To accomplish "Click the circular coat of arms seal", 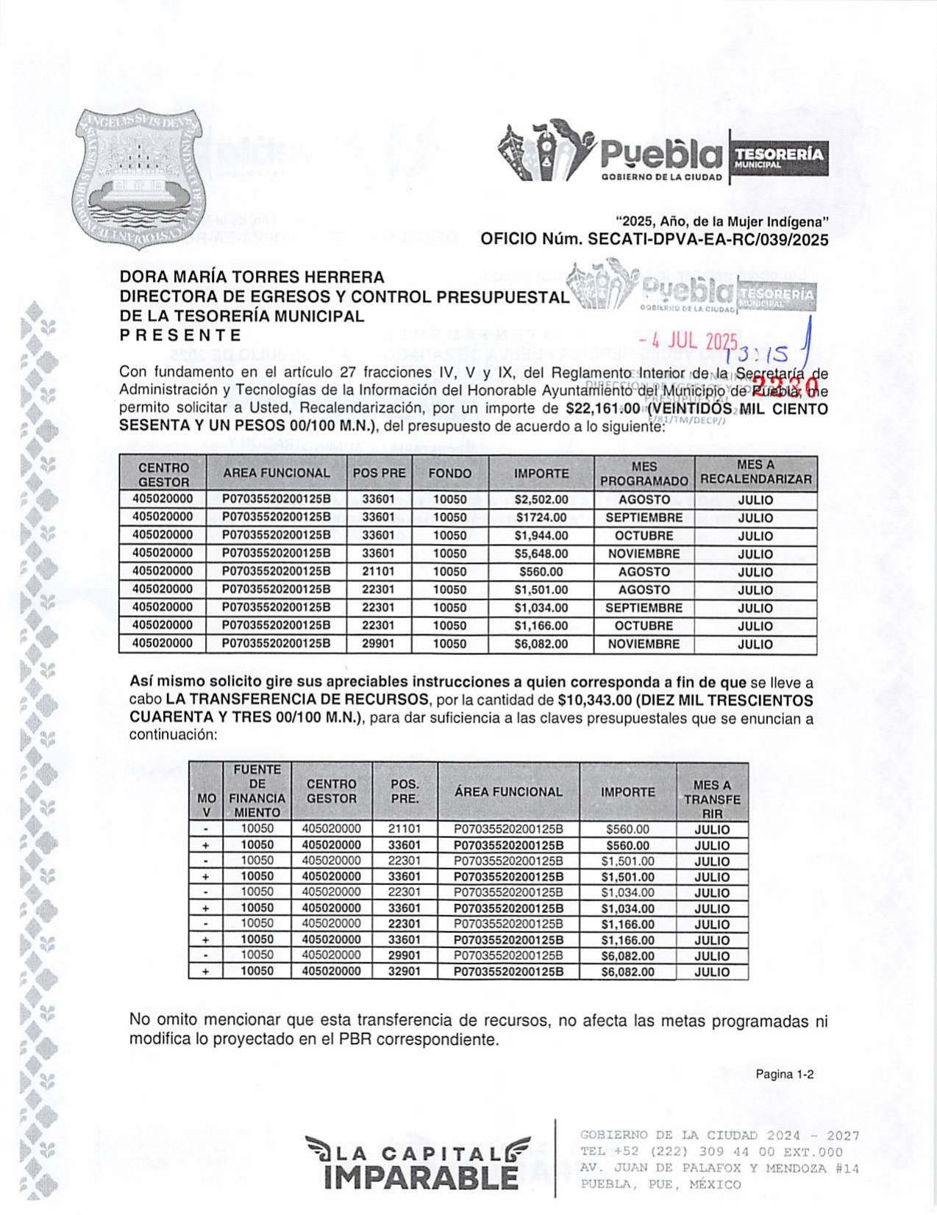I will (x=138, y=179).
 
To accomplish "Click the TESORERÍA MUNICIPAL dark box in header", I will (x=779, y=157).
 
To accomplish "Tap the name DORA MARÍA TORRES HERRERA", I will (x=252, y=277).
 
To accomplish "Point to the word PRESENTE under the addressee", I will (x=181, y=335).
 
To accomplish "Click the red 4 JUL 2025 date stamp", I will (x=688, y=342).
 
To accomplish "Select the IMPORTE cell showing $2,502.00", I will (x=541, y=500).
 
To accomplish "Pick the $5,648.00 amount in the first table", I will (x=541, y=553).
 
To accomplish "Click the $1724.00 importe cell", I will (x=541, y=517).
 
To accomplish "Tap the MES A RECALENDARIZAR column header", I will (x=755, y=473).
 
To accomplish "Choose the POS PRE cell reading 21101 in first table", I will (x=379, y=571).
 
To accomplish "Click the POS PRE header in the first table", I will (x=379, y=473).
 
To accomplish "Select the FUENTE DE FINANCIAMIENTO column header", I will (x=257, y=791).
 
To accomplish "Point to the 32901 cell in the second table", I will (x=405, y=971).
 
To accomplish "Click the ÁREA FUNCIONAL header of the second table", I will (x=508, y=792).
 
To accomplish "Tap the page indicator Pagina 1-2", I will (x=784, y=1075).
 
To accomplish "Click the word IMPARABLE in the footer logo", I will (x=421, y=1178).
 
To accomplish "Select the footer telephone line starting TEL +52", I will (x=711, y=1152).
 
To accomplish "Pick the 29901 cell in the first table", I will (x=379, y=643).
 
